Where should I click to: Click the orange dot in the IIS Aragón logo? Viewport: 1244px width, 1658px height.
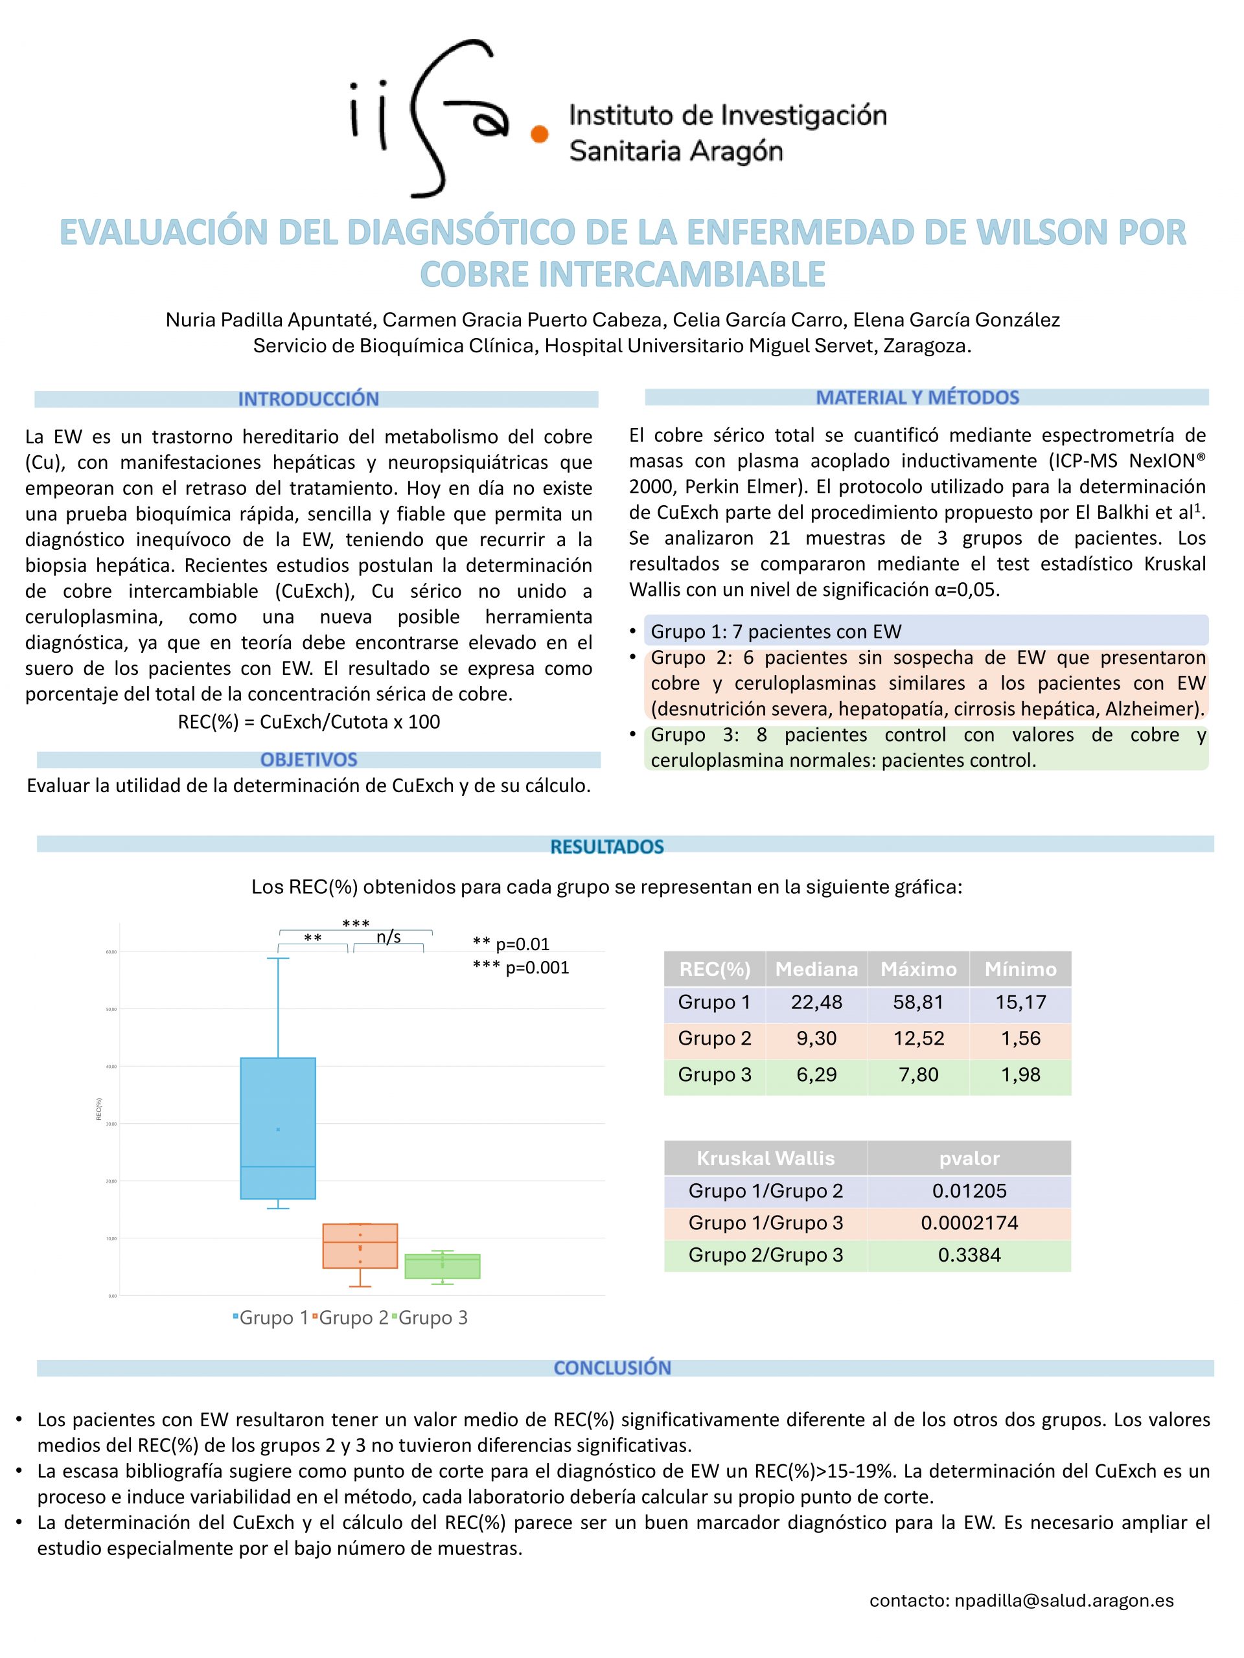(539, 134)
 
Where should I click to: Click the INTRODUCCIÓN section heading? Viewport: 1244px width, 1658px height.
(308, 399)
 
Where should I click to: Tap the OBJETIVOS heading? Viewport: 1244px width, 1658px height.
(308, 759)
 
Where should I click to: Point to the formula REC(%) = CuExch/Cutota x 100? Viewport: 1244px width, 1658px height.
(308, 722)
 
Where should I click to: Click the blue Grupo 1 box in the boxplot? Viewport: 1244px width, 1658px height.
(277, 1128)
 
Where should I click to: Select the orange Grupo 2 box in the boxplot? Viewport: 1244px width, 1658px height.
(360, 1245)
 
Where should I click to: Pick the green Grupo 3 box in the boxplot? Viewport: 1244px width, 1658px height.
(443, 1266)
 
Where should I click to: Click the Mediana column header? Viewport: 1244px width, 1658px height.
(816, 969)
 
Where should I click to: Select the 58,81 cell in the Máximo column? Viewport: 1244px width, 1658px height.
(918, 1002)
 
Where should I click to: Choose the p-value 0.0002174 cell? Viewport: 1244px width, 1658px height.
(969, 1223)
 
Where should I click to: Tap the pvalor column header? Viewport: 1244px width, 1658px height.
(969, 1158)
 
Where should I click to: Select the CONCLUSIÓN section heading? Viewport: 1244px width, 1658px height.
(612, 1368)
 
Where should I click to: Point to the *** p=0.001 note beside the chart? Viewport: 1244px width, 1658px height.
(520, 968)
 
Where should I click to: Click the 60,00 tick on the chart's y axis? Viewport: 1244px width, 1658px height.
(111, 952)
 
